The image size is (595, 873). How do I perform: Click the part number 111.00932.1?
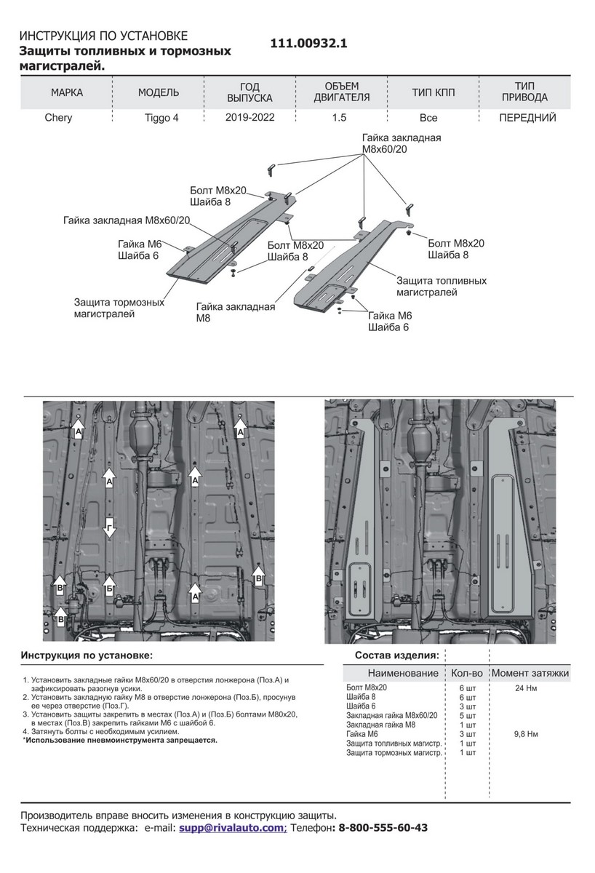(x=308, y=44)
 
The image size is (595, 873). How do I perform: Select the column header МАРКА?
(x=66, y=92)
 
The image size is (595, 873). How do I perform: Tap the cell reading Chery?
(x=58, y=118)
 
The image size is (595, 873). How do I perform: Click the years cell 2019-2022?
(x=249, y=117)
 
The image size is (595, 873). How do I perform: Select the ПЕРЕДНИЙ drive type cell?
(x=527, y=117)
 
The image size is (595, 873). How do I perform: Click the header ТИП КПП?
(x=433, y=92)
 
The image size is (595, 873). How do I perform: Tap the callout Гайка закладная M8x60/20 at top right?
(x=402, y=144)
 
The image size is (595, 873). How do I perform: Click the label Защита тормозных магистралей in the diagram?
(x=119, y=308)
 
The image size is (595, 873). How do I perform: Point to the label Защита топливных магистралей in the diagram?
(x=441, y=286)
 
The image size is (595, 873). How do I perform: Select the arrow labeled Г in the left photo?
(x=109, y=527)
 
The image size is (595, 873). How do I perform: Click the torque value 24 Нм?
(x=527, y=687)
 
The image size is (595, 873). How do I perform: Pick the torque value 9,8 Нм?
(x=526, y=734)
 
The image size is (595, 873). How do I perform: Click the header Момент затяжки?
(x=530, y=674)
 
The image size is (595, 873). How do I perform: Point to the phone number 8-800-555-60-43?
(x=383, y=828)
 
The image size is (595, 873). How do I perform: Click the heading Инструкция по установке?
(x=87, y=655)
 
